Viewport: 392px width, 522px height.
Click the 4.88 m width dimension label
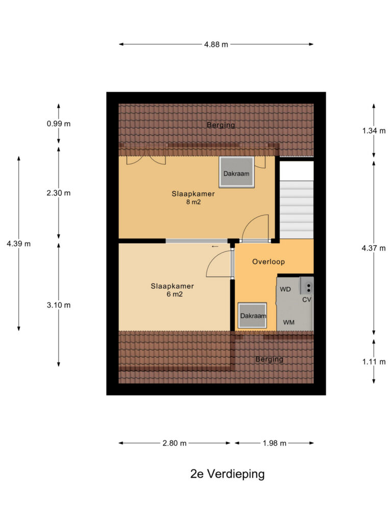pyautogui.click(x=216, y=44)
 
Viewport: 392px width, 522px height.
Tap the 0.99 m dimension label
pyautogui.click(x=59, y=124)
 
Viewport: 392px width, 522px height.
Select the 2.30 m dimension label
pyautogui.click(x=59, y=193)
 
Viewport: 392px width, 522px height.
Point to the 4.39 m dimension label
pyautogui.click(x=19, y=244)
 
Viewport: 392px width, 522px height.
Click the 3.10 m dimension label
pyautogui.click(x=59, y=305)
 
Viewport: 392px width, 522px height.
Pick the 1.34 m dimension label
pyautogui.click(x=374, y=131)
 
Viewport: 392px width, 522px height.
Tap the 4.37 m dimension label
pyautogui.click(x=374, y=248)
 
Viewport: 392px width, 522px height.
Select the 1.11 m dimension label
pyautogui.click(x=374, y=362)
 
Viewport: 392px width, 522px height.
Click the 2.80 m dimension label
pyautogui.click(x=175, y=443)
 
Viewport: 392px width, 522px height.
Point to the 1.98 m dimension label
pyautogui.click(x=274, y=443)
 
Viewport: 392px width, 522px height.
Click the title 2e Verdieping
pyautogui.click(x=227, y=474)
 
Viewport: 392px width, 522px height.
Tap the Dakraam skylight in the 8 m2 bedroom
pyautogui.click(x=237, y=172)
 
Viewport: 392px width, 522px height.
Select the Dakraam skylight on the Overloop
pyautogui.click(x=252, y=316)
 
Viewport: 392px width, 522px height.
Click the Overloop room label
pyautogui.click(x=268, y=262)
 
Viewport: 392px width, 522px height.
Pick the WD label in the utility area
pyautogui.click(x=285, y=290)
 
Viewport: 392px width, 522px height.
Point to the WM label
pyautogui.click(x=289, y=322)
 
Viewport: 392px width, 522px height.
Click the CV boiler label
pyautogui.click(x=307, y=300)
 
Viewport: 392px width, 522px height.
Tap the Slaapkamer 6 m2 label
pyautogui.click(x=173, y=290)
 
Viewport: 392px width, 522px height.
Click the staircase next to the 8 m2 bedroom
pyautogui.click(x=297, y=200)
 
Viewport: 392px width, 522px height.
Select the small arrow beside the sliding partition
pyautogui.click(x=215, y=247)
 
